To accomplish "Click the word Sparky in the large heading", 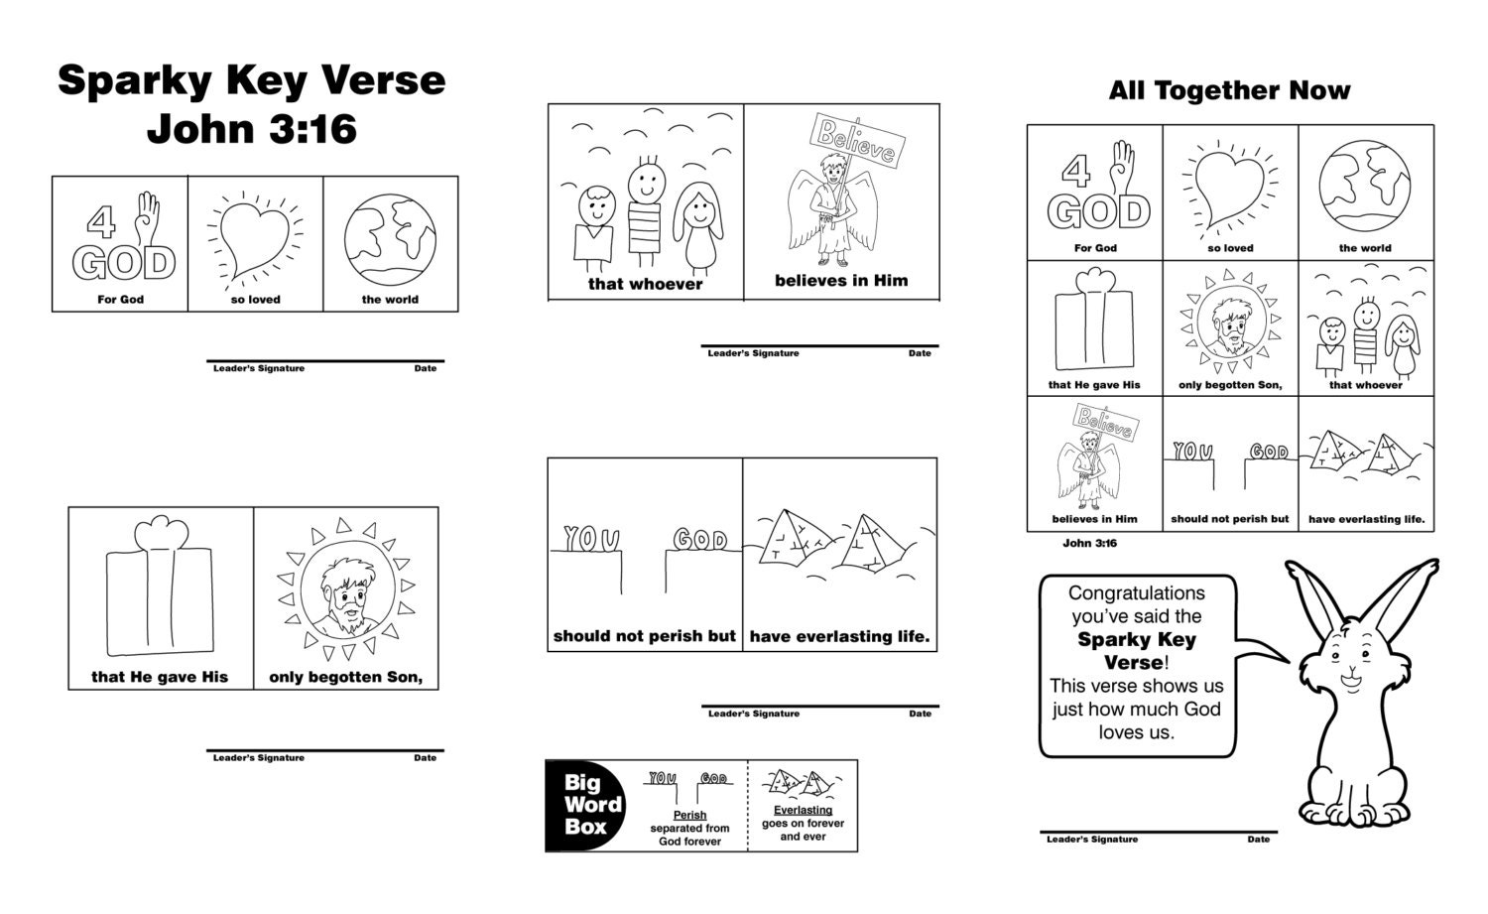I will click(133, 81).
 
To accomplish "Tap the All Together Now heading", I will click(1229, 91).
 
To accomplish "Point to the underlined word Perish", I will click(689, 815).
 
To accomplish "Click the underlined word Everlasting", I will click(803, 810).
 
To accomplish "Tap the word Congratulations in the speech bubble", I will click(1137, 593).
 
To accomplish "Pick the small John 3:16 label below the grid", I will click(1089, 544).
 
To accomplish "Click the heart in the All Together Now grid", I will click(1230, 186).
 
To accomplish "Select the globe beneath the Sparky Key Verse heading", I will click(390, 236).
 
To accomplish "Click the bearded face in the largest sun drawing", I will click(344, 594).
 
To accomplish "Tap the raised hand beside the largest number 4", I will click(147, 216).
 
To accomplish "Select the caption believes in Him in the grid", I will click(1094, 519).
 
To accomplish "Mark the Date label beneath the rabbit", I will click(1258, 840).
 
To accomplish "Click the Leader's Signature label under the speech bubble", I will click(1091, 840).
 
